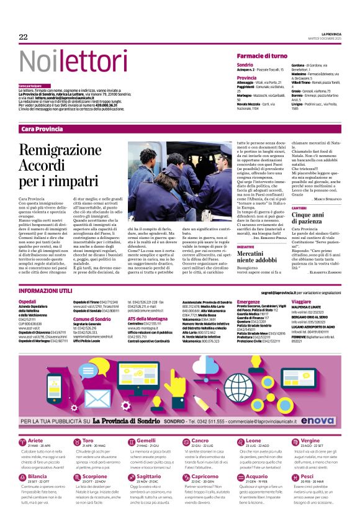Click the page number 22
[24, 37]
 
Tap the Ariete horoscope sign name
[36, 440]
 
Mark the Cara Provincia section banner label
[42, 128]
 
